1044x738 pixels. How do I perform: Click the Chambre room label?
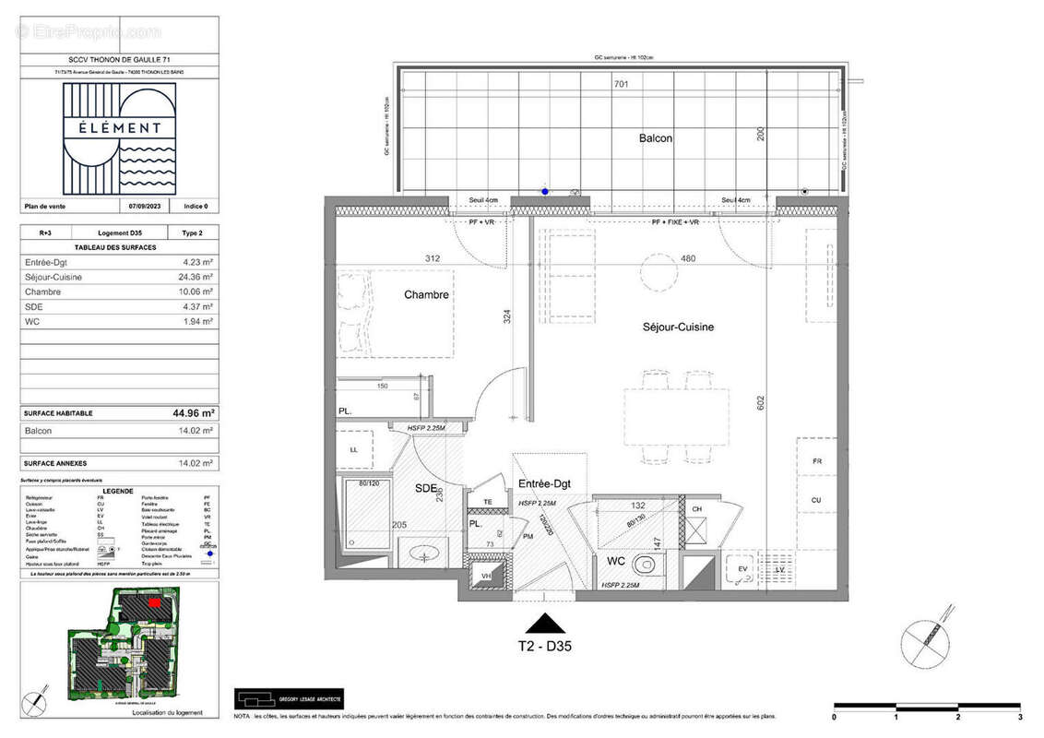[426, 295]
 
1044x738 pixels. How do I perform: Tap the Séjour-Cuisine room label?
[678, 327]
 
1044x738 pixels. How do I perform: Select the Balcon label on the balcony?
[656, 138]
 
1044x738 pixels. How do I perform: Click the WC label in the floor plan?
[617, 560]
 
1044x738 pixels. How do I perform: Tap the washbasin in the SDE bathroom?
[425, 554]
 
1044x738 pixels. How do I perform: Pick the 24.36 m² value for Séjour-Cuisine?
[196, 277]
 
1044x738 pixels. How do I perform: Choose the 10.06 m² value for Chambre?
[196, 292]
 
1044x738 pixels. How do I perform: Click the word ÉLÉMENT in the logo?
[120, 128]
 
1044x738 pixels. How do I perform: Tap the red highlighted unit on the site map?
[155, 601]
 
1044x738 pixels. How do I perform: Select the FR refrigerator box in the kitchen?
[816, 460]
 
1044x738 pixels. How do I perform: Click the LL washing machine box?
[353, 449]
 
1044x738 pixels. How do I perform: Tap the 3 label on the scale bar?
[1019, 717]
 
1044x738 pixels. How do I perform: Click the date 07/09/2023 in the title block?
[145, 207]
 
